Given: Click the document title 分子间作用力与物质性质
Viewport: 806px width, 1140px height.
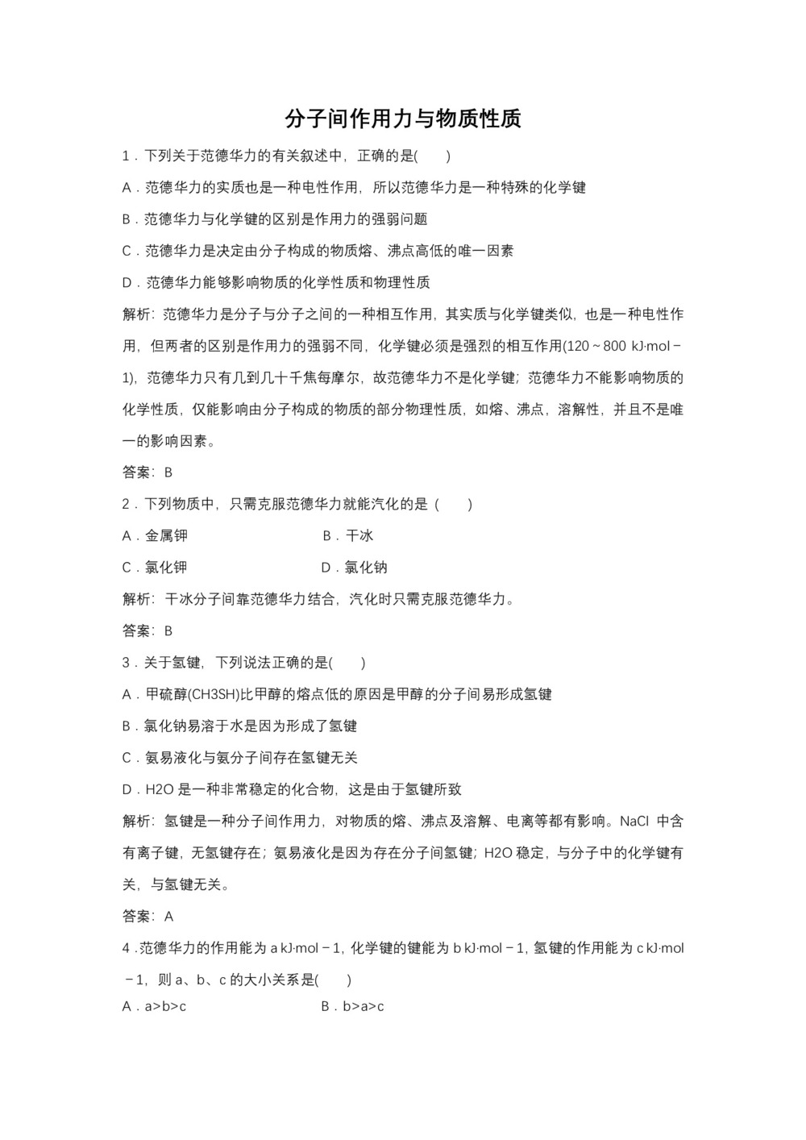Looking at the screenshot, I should (x=403, y=119).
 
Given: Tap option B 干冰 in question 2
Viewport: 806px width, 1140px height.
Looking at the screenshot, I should (x=348, y=535).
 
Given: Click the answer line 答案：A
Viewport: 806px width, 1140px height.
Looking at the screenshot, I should (x=148, y=916).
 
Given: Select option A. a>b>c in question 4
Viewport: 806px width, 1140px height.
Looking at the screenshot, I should (x=155, y=1005).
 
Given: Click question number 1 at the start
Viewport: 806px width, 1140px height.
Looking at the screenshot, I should (x=126, y=156).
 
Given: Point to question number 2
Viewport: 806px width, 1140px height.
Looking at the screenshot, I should (x=126, y=504).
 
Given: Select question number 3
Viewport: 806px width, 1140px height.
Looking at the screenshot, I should (x=126, y=663).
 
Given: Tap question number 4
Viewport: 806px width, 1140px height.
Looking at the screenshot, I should (x=126, y=948).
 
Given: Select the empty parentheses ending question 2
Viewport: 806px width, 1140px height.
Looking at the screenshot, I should (x=454, y=504).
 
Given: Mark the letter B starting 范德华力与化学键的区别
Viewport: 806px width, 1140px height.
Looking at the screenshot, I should (x=127, y=219).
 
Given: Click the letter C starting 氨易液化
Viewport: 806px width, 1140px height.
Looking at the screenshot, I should (x=127, y=758).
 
